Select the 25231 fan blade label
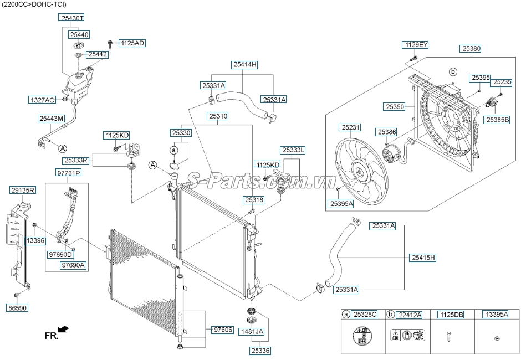coord(350,127)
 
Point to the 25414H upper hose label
coord(245,65)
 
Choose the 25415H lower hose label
coord(423,258)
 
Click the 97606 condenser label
coord(222,330)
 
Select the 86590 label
coord(17,307)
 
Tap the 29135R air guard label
coord(23,190)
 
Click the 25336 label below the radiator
coord(260,351)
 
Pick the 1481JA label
coord(252,331)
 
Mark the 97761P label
coord(68,173)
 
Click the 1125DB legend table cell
coord(451,315)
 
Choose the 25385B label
coord(498,119)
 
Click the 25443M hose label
coord(52,118)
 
